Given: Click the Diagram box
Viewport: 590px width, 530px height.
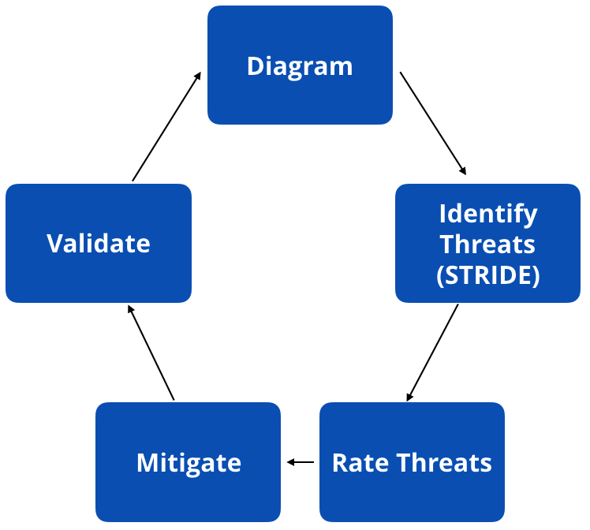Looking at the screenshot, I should click(300, 95).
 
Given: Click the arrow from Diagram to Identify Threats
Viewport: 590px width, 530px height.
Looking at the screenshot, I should click(433, 123).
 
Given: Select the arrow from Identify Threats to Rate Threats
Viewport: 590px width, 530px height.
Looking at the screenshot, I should click(432, 353).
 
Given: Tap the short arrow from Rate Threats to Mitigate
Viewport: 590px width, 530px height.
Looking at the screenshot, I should click(301, 462).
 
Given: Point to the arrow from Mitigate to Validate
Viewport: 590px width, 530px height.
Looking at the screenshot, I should click(151, 353).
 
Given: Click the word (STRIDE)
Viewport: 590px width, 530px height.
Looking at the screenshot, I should click(487, 275).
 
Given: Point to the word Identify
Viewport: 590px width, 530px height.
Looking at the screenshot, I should click(487, 213).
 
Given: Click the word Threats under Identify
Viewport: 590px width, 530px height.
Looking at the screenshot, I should click(487, 244).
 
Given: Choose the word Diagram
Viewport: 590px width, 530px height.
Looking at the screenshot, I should click(300, 65).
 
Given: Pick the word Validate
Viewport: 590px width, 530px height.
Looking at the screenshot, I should click(99, 243).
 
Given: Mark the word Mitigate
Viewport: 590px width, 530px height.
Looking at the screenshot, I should click(189, 462).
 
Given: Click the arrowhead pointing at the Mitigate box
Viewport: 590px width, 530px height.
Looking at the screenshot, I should click(290, 462).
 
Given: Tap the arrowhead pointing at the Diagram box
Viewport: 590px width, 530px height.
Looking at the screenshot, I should click(198, 76).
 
